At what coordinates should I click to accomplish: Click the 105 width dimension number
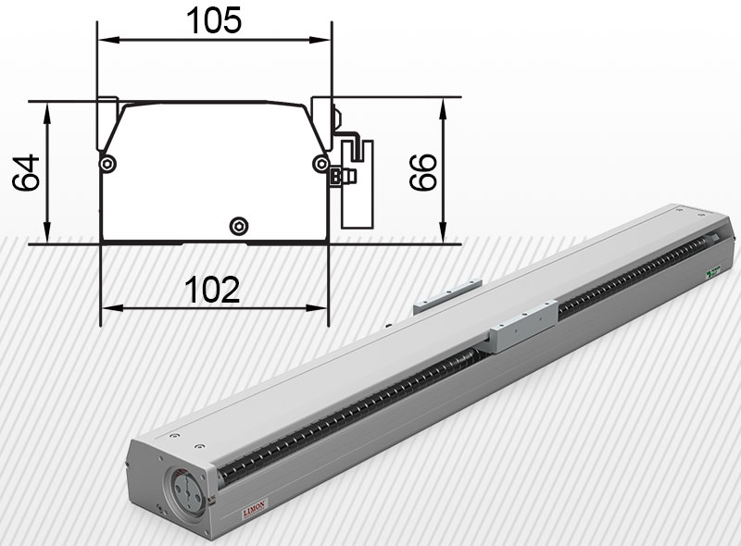click(x=214, y=20)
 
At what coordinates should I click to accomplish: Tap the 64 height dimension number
click(x=27, y=172)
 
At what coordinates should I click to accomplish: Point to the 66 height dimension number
click(x=423, y=172)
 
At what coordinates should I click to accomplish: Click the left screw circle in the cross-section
click(x=108, y=164)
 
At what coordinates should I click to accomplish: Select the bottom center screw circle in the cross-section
click(x=240, y=225)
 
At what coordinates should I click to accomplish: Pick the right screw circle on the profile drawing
click(x=320, y=164)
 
